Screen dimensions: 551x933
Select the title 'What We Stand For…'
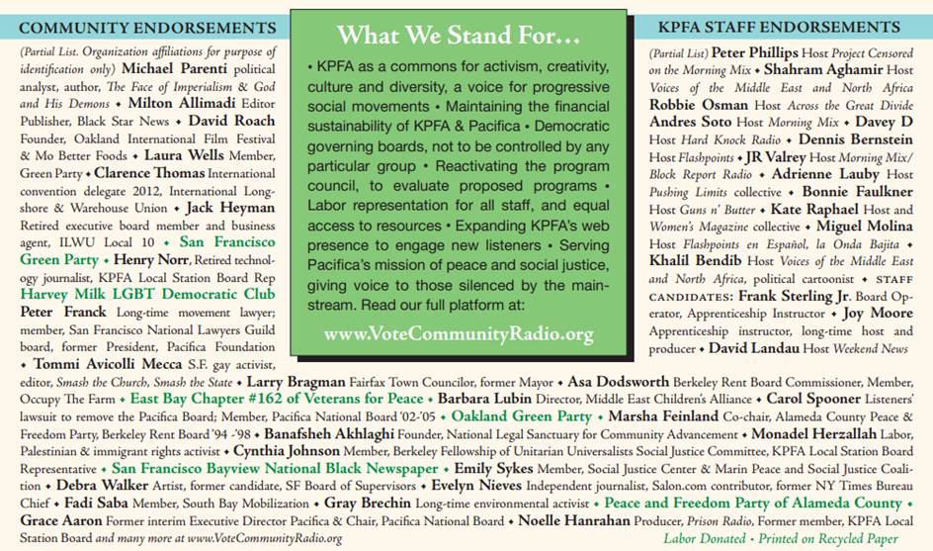click(x=458, y=37)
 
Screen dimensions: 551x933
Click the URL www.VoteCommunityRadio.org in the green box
click(x=458, y=333)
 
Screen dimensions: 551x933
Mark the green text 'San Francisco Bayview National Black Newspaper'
click(x=274, y=468)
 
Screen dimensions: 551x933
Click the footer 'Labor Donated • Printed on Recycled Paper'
click(x=781, y=539)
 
